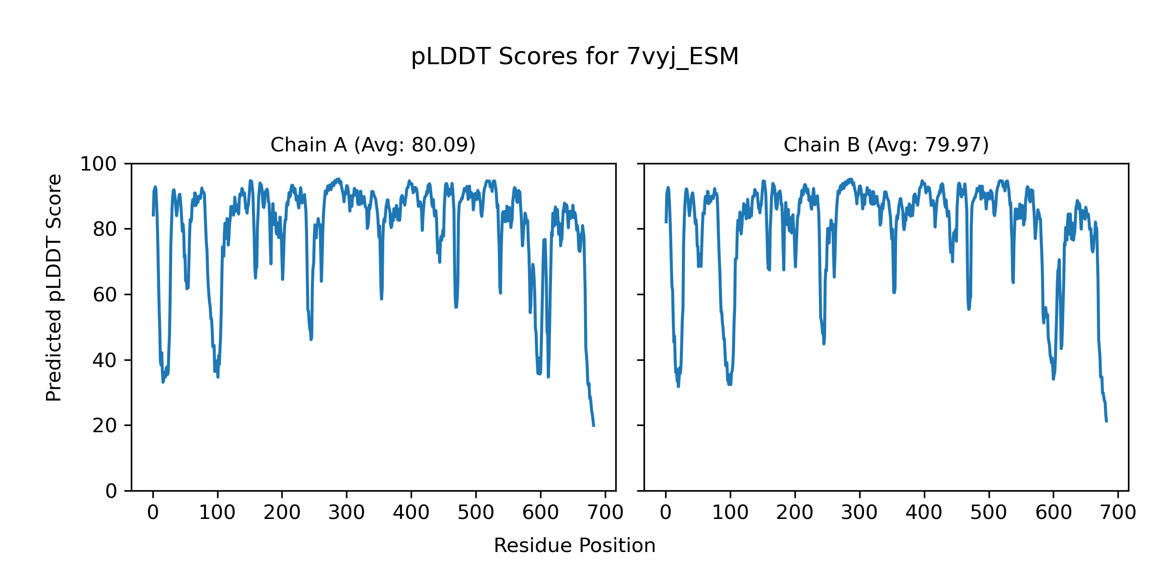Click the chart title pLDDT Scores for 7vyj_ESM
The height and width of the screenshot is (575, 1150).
[575, 57]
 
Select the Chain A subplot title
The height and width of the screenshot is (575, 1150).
[373, 145]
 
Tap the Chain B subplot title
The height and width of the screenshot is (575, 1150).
[886, 145]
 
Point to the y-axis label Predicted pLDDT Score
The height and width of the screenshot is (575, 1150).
[54, 287]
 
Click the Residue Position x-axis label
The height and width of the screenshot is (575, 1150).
[575, 545]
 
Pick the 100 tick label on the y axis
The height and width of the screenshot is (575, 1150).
[98, 164]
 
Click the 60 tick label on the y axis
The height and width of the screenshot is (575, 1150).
[105, 295]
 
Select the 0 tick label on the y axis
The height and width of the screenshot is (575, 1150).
[111, 491]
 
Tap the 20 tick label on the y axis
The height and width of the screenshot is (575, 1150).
[105, 426]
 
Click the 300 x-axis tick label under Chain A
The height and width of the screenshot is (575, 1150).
[346, 513]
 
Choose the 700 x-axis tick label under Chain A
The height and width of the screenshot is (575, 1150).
[605, 513]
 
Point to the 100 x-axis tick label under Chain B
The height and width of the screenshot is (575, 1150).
[730, 513]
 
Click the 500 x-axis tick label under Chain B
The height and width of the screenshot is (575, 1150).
[989, 513]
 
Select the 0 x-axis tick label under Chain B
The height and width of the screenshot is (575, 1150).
[666, 513]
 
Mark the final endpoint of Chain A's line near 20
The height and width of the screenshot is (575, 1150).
[594, 425]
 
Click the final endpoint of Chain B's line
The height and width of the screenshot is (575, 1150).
[1106, 421]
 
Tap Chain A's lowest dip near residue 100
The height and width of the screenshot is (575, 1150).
[218, 377]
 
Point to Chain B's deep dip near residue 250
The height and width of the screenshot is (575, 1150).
[824, 343]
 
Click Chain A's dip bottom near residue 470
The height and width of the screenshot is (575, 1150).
[456, 307]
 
